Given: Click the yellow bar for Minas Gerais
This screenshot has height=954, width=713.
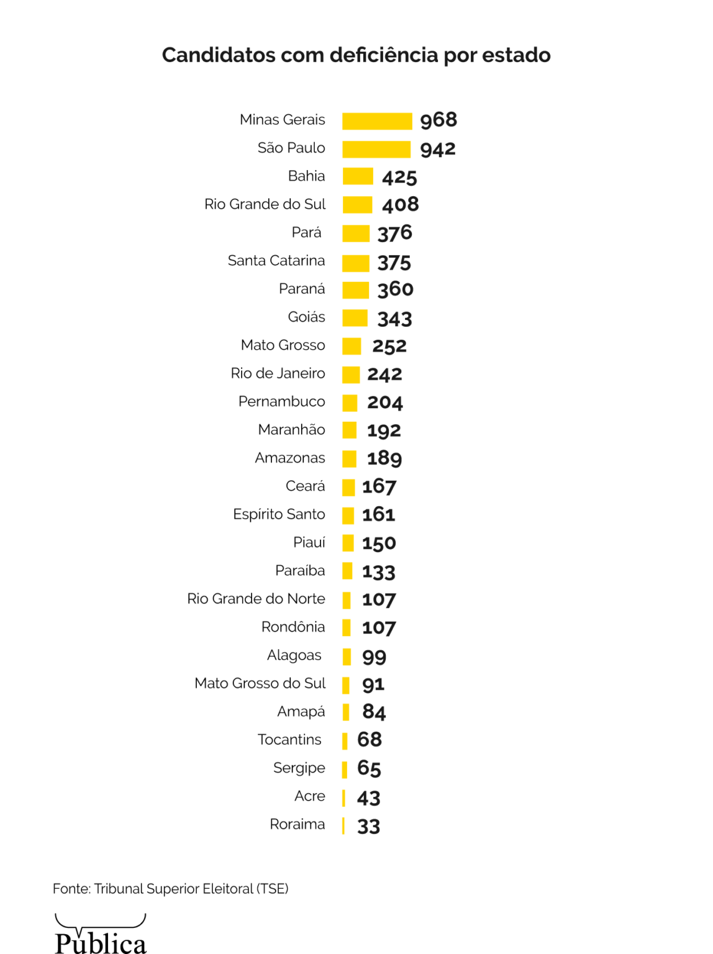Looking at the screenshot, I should (377, 121).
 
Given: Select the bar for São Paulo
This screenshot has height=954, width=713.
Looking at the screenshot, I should (376, 149).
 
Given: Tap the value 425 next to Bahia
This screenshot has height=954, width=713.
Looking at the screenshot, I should (399, 178).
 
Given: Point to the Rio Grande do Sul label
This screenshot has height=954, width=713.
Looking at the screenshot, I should (265, 204).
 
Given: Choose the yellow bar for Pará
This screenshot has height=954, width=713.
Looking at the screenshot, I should (356, 234).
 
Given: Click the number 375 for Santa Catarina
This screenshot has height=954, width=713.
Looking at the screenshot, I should (394, 263).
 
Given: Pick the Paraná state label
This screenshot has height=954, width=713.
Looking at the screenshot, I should (302, 289).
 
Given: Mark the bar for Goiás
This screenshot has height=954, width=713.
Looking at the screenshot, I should (355, 318).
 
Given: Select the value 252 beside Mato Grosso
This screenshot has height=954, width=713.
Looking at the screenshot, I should (389, 346).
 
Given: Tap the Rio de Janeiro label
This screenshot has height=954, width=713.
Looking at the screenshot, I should (278, 373).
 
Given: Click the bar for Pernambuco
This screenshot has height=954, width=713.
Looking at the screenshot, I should (350, 403).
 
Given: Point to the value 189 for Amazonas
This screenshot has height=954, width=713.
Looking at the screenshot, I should (384, 458).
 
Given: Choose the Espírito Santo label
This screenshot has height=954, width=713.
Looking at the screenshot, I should (279, 514).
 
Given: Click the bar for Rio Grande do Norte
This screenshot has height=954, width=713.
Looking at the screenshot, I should (347, 600).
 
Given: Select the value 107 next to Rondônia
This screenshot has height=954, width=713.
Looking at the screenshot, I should (379, 628).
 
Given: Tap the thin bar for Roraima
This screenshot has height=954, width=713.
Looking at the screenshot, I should (343, 825).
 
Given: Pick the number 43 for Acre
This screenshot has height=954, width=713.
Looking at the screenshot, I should (368, 798).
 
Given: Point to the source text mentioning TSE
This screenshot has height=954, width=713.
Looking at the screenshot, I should (171, 889).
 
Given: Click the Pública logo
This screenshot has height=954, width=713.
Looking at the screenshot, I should (101, 935).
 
